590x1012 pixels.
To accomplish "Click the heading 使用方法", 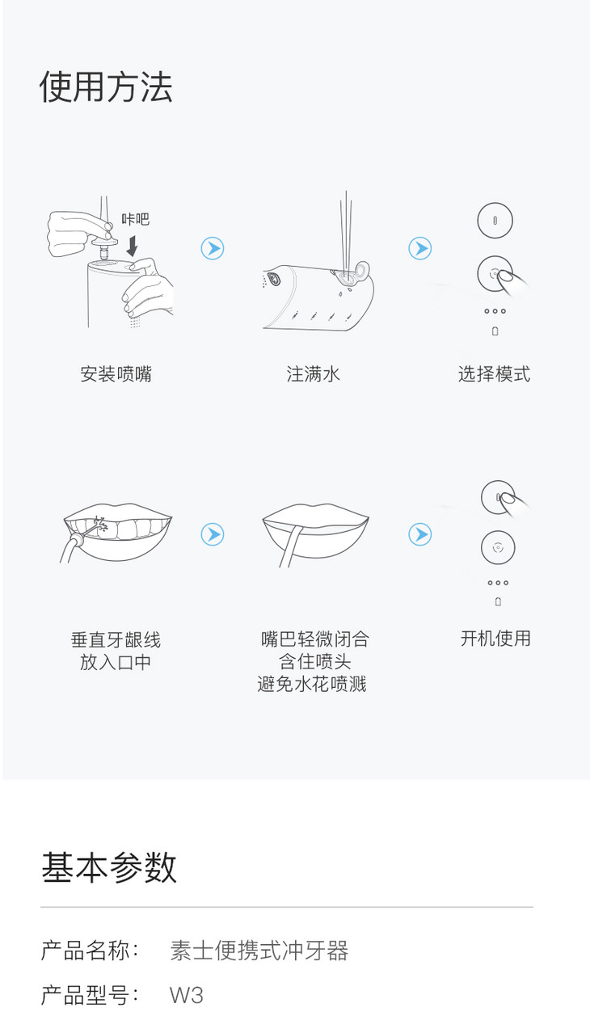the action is (106, 87).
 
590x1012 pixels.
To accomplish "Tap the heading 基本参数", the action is (109, 867).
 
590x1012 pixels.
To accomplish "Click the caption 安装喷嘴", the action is (116, 374).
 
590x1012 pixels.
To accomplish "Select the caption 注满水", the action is (313, 374).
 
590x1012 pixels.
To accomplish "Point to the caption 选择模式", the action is (495, 374).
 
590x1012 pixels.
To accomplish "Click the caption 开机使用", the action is (495, 639).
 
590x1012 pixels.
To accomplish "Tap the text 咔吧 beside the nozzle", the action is (135, 219).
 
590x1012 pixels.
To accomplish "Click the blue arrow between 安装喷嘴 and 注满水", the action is (213, 248).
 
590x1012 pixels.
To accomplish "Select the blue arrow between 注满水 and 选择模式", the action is (420, 248).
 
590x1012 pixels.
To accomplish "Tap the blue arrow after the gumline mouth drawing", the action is (213, 534).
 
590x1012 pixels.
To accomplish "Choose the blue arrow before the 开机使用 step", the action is (420, 534).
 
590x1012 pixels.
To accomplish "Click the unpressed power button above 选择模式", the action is (495, 220).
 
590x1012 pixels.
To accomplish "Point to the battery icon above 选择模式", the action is (495, 331).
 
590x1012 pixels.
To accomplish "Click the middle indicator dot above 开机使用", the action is (498, 583).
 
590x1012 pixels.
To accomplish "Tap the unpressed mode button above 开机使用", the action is (498, 547).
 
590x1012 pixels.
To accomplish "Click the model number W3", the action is (186, 995).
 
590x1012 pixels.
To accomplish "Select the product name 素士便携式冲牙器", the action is (259, 950).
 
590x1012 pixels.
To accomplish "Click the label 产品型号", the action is (85, 995).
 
